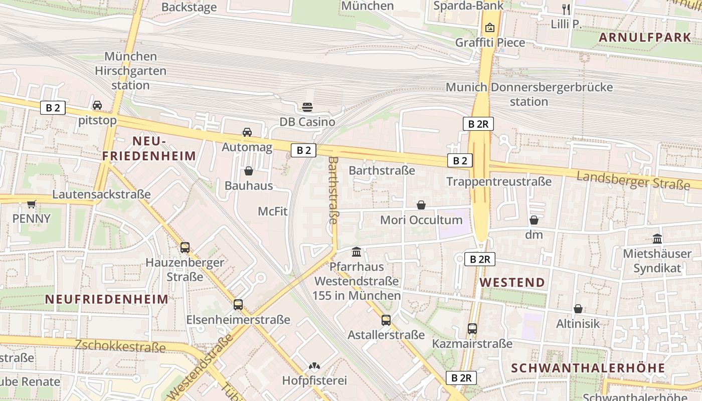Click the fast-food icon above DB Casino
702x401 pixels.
point(307,107)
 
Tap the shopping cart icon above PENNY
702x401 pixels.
point(32,204)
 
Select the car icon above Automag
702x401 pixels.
point(247,132)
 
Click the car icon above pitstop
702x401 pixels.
point(97,105)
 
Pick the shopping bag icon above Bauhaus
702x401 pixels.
point(248,171)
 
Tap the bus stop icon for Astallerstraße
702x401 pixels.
point(386,320)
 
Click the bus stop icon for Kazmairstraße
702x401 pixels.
point(472,329)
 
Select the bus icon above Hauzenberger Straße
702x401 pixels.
point(185,247)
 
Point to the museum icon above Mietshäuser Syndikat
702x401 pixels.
point(657,239)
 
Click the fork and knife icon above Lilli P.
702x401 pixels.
point(566,9)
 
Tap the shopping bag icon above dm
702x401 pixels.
point(534,220)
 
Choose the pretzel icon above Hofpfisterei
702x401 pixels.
point(314,366)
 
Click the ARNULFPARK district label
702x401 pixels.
point(645,37)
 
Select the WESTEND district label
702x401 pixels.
point(512,282)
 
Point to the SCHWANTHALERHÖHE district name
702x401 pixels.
point(588,368)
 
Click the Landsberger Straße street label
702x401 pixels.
point(633,180)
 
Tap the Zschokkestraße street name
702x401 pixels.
point(120,346)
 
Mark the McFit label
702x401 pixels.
point(273,211)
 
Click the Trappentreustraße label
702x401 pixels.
point(498,181)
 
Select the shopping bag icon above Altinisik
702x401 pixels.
point(578,309)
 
